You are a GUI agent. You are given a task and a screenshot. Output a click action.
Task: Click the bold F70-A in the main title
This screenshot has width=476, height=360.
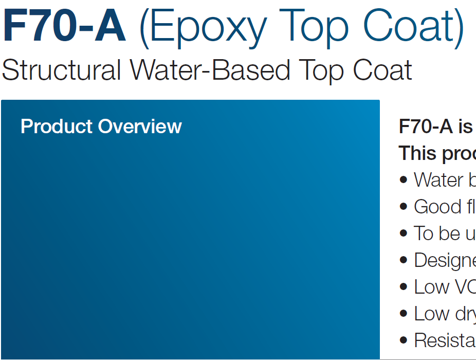[x=64, y=27]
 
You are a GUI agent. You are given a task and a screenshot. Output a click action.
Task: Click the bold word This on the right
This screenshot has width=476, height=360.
[x=416, y=153]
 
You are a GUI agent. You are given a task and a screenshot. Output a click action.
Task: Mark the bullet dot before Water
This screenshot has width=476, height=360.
[x=404, y=180]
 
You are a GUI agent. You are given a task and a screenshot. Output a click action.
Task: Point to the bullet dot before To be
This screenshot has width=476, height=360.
[x=404, y=233]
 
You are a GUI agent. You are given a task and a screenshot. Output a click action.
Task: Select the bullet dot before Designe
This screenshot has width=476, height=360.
[x=404, y=260]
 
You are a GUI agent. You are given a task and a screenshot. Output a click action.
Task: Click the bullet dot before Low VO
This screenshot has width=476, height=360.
[x=404, y=287]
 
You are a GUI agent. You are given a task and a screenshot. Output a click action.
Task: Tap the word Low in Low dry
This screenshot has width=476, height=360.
[x=430, y=314]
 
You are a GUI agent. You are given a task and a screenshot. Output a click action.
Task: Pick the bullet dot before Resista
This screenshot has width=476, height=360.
[x=404, y=340]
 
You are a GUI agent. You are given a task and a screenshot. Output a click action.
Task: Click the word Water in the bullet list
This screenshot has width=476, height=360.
[x=442, y=180]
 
